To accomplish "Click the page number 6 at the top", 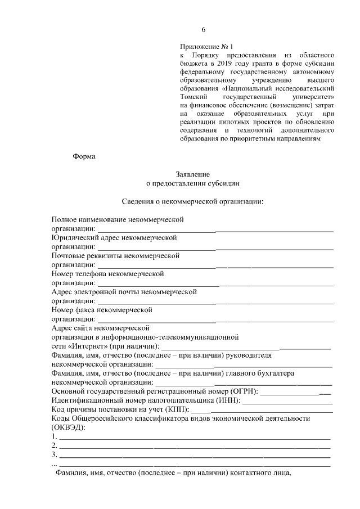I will (x=204, y=30).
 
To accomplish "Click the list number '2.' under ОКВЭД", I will (x=54, y=445).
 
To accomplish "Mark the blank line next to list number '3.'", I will (x=194, y=454).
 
